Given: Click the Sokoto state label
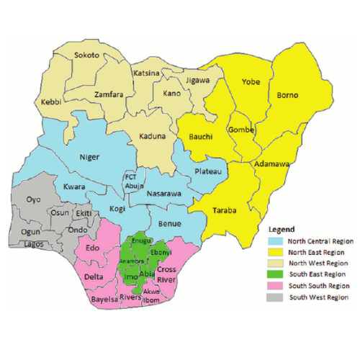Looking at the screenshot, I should click(x=86, y=55).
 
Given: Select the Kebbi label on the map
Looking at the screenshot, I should click(x=50, y=102).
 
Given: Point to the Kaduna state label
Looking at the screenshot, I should click(x=153, y=136).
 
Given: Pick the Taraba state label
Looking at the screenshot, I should click(x=223, y=210).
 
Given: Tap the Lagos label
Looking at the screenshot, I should click(x=33, y=244).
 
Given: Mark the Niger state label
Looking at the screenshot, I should click(x=89, y=157).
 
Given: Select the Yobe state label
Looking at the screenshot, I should click(x=251, y=81).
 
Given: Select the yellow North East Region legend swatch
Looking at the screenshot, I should click(x=274, y=252).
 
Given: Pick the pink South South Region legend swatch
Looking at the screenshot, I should click(x=274, y=285).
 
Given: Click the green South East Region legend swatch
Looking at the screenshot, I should click(x=274, y=274).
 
